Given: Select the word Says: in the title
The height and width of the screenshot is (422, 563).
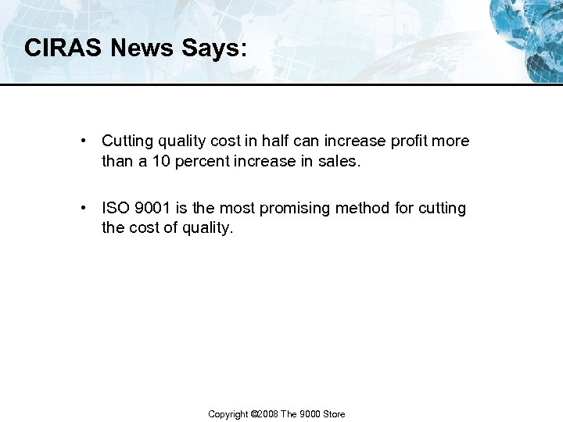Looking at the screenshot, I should pos(214,48).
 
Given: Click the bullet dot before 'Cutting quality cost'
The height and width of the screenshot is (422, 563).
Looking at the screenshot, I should pos(82,141).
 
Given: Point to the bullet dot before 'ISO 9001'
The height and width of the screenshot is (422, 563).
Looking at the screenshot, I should pos(82,208).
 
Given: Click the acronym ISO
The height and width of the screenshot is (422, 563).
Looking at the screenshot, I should pos(115,208).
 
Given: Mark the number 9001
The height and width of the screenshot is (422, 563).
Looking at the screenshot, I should pos(152,208).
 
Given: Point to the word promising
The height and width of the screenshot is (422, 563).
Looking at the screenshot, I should pos(293,209).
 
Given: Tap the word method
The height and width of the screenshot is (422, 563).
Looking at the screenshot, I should pos(363,208).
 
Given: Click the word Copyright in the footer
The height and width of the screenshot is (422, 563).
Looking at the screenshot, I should pos(228,414).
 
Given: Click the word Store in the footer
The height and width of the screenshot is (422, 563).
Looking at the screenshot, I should pos(335,414).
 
